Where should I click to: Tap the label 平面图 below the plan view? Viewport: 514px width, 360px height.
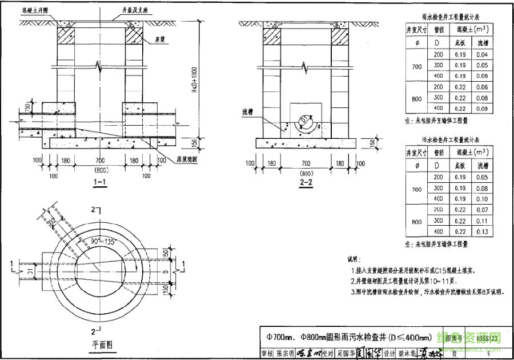coord(103,344)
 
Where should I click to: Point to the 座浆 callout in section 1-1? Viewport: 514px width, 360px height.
coord(165,40)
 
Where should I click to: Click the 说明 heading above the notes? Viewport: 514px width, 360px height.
coord(354,259)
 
